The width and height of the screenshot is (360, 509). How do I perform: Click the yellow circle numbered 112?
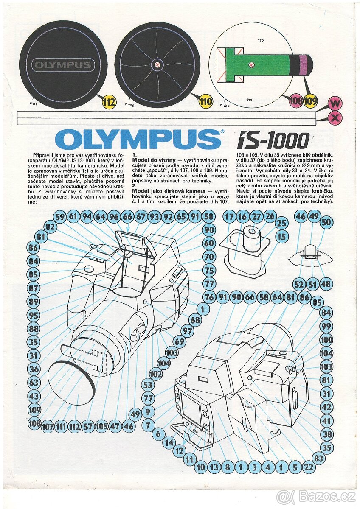(x=109, y=102)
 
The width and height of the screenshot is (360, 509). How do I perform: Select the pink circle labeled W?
(x=335, y=103)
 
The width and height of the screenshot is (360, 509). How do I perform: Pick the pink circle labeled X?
(x=335, y=118)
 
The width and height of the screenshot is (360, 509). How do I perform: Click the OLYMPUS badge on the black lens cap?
(x=62, y=65)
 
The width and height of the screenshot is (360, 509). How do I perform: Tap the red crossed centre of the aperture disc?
(x=157, y=65)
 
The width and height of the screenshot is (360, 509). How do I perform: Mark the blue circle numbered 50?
(x=326, y=222)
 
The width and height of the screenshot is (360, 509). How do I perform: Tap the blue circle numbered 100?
(x=326, y=340)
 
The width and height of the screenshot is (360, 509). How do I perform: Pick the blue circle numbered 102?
(x=156, y=374)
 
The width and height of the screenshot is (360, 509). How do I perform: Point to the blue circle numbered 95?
(x=34, y=315)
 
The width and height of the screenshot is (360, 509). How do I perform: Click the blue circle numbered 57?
(x=88, y=426)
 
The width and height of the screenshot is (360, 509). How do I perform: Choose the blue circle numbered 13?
(x=214, y=467)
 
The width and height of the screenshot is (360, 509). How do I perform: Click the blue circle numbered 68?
(x=195, y=320)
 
